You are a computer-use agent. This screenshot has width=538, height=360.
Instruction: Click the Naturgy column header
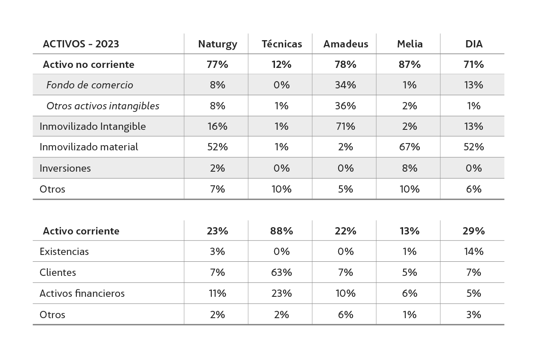tap(217, 44)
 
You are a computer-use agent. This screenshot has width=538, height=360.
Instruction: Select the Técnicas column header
tap(281, 44)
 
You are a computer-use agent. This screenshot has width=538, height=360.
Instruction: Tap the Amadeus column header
tap(345, 44)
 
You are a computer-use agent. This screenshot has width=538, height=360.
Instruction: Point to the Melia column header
tap(409, 44)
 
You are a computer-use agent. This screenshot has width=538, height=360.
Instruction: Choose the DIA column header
tap(474, 44)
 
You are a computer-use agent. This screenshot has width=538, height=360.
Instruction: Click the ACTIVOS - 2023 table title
tap(81, 44)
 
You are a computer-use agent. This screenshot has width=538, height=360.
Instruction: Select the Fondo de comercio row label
tap(90, 85)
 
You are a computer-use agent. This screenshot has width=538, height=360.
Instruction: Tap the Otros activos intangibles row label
tap(102, 106)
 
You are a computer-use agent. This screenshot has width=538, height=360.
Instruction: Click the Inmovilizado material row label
tap(89, 147)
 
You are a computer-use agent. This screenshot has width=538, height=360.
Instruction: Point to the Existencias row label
tap(64, 252)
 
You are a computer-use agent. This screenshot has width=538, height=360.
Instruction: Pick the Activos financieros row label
tap(82, 293)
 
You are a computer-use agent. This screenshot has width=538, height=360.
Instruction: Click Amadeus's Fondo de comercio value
tap(345, 85)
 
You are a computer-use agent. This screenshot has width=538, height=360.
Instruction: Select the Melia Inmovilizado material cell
tap(409, 147)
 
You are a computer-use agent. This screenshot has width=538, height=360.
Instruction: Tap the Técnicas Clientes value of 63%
tap(281, 272)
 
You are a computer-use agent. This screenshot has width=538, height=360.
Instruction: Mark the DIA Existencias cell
tap(474, 252)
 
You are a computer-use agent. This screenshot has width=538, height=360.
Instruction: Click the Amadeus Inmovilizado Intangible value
tap(345, 126)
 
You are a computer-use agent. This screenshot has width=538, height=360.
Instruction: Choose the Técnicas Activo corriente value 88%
tap(281, 231)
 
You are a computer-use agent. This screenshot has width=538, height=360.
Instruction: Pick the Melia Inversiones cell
tap(409, 168)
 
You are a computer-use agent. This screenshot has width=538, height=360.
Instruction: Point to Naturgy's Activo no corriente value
tap(217, 64)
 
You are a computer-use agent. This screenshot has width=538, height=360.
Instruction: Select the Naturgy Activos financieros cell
tap(217, 293)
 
